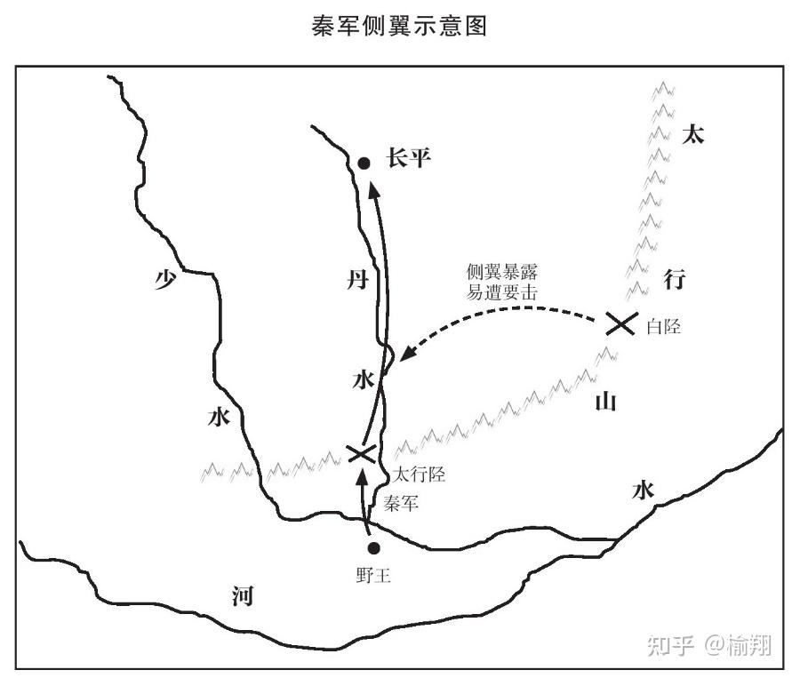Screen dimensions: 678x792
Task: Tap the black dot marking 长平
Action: [x=364, y=163]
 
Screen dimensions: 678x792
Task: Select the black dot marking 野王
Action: [x=374, y=548]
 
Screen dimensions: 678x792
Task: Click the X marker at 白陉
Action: [x=620, y=324]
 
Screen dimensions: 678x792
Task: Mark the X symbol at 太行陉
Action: [x=361, y=453]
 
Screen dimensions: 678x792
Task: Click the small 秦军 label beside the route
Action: [x=400, y=502]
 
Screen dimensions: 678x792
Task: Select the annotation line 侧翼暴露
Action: [x=502, y=272]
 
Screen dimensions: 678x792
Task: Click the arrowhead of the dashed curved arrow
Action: [x=406, y=355]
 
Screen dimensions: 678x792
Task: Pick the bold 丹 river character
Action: [x=356, y=282]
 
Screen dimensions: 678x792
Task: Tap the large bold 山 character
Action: [x=604, y=402]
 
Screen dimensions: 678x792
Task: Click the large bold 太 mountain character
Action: [x=692, y=135]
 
